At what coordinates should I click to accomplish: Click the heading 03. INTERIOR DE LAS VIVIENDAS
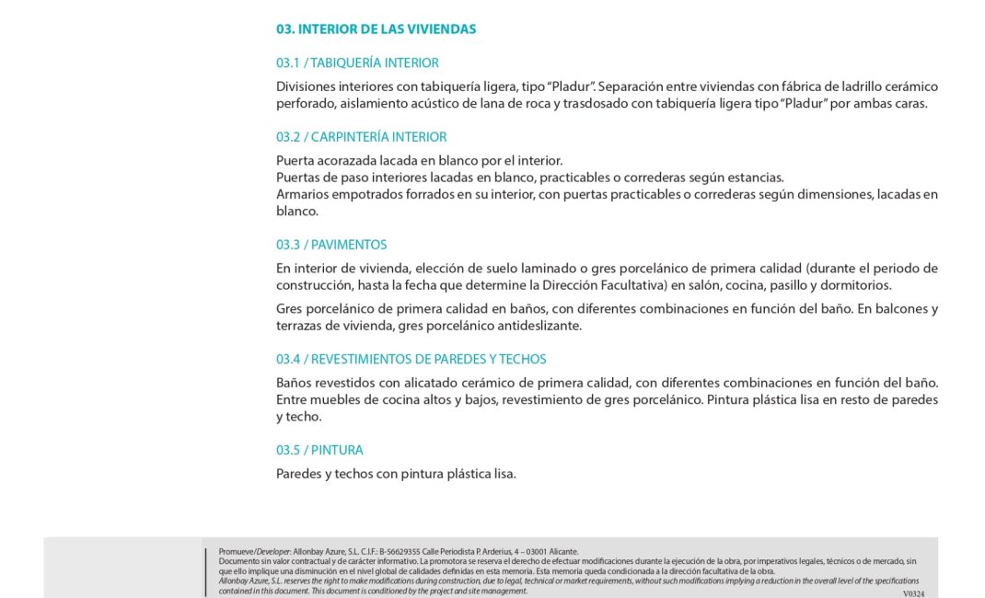click(x=376, y=29)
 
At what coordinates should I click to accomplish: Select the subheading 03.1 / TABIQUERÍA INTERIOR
click(x=357, y=63)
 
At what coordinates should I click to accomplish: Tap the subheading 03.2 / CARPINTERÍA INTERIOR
click(x=361, y=137)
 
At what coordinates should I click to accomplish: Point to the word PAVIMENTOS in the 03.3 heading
click(x=349, y=245)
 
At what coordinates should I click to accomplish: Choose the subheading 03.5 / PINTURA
click(x=319, y=450)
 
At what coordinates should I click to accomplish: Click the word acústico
click(x=451, y=103)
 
